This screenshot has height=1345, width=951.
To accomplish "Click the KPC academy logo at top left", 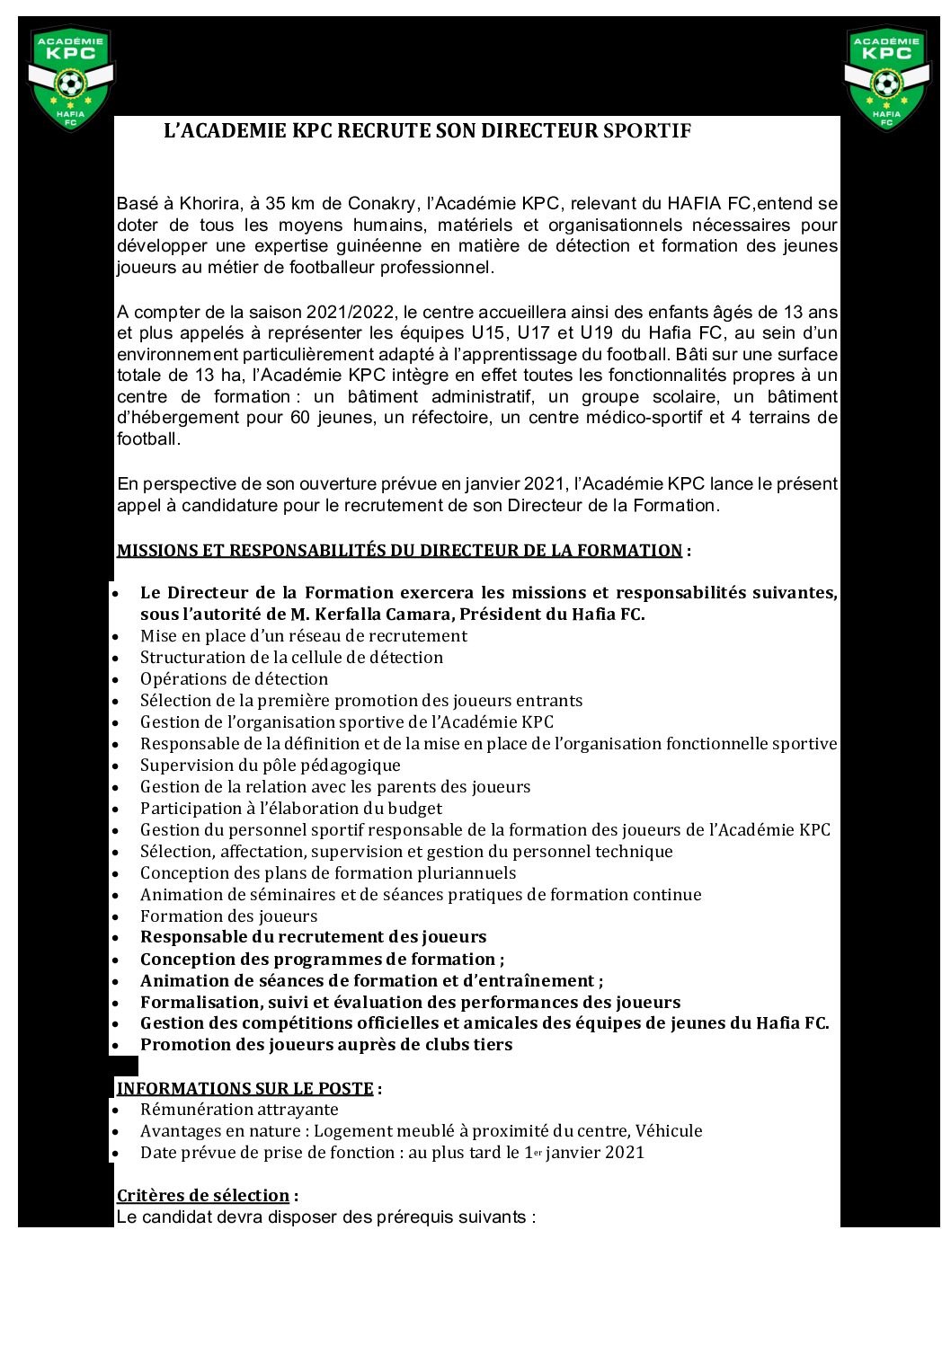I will pyautogui.click(x=70, y=77).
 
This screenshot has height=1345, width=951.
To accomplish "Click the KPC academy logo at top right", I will pyautogui.click(x=886, y=77).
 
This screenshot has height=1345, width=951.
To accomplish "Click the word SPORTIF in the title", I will pyautogui.click(x=647, y=131).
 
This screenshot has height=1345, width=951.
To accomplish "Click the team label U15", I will pyautogui.click(x=488, y=333).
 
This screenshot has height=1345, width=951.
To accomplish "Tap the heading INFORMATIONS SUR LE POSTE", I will pyautogui.click(x=244, y=1088).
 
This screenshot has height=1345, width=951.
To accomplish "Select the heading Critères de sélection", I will pyautogui.click(x=203, y=1195).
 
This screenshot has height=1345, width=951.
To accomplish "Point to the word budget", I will pyautogui.click(x=415, y=809).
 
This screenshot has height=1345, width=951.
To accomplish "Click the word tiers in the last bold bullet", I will pyautogui.click(x=492, y=1045).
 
